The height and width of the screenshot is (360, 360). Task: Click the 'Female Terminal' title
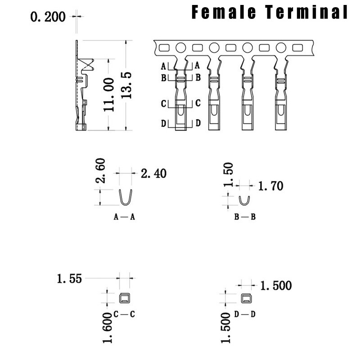coord(270,12)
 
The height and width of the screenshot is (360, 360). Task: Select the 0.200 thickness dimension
coord(48,17)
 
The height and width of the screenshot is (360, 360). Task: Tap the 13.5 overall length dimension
coord(126,85)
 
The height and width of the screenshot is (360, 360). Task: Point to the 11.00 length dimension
coord(109,94)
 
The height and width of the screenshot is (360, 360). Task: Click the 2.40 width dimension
coord(153,173)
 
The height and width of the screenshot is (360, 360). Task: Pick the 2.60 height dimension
coord(100,170)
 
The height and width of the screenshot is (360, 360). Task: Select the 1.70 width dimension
coord(271,186)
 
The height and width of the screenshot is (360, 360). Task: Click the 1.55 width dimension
coord(69,279)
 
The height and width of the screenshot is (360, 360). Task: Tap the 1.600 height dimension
coord(108,328)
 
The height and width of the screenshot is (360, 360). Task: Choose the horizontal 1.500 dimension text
coord(276,286)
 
